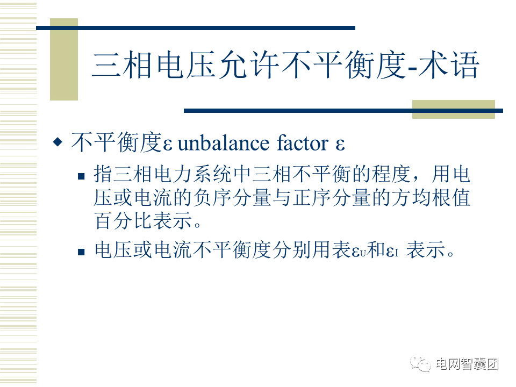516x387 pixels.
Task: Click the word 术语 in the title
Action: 449,65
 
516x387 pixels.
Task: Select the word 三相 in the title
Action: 122,65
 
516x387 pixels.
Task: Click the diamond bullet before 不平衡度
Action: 58,142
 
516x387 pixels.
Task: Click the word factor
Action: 303,143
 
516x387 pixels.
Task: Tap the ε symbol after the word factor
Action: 340,145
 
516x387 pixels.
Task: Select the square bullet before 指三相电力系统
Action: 81,176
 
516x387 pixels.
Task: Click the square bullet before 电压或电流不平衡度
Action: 81,252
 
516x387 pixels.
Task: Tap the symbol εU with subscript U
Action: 359,252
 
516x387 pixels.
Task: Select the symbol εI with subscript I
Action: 392,252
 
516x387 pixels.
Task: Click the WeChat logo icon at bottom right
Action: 420,364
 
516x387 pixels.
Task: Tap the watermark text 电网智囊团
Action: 467,364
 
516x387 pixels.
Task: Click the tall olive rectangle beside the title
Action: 64,59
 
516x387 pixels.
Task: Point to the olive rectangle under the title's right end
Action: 454,109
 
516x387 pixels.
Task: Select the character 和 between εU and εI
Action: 376,249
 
